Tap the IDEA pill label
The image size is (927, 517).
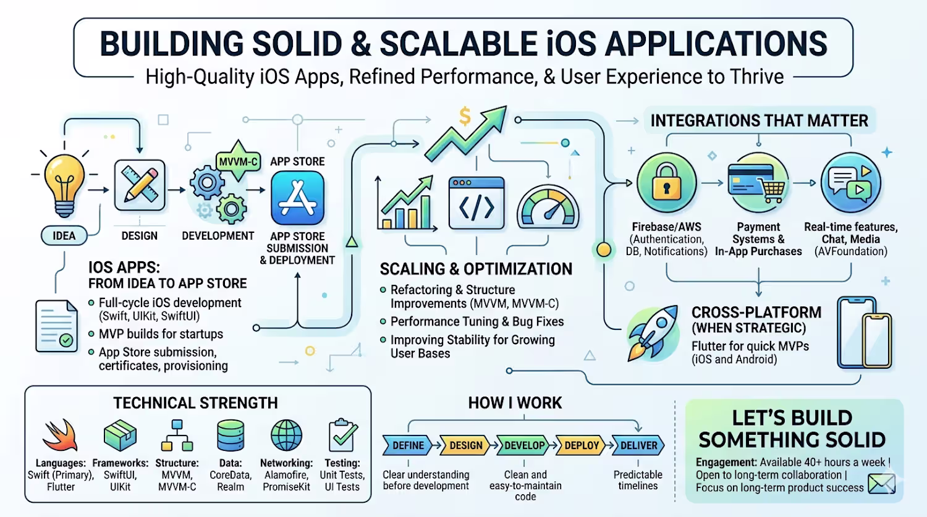coord(64,235)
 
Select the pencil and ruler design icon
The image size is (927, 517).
coord(140,185)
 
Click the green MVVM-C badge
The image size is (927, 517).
coord(239,162)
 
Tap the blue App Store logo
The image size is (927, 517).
coord(297,198)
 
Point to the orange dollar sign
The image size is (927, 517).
coord(465,116)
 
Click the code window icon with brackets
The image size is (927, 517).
coord(476,203)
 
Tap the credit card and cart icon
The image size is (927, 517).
coord(758,183)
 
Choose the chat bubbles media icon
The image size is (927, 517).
coord(850,183)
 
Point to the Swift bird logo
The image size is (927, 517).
coord(61,435)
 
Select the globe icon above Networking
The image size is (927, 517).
coord(286,435)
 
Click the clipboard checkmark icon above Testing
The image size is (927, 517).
coord(342,435)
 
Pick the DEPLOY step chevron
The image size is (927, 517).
coord(582,445)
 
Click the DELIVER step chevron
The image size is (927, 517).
coord(638,445)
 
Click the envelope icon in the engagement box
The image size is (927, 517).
coord(881,483)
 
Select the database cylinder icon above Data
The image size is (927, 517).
coord(231,435)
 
